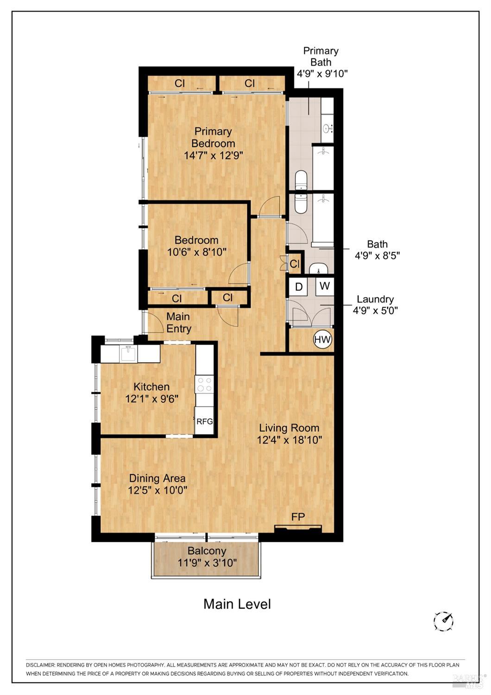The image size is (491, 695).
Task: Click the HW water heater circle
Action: (x=322, y=340)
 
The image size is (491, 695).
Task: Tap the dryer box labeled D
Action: (x=299, y=287)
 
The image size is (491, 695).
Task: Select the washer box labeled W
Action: (x=325, y=286)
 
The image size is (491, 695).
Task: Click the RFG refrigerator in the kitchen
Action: (x=204, y=421)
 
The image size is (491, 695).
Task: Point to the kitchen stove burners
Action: (x=204, y=384)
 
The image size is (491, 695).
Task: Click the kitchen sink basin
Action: (x=128, y=354)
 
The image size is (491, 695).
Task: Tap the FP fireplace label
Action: (x=298, y=516)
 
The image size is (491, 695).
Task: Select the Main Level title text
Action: (x=237, y=604)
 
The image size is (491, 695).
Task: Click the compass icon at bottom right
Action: (x=443, y=621)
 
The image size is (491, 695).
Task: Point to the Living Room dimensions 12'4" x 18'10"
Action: (x=290, y=440)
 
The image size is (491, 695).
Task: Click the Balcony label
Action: (x=207, y=551)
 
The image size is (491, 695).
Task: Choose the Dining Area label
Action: (x=157, y=478)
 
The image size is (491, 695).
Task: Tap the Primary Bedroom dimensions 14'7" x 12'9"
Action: (x=214, y=155)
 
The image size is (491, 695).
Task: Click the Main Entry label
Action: (x=178, y=322)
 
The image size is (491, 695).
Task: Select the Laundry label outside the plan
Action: (x=375, y=299)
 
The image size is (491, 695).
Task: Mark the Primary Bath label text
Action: (x=321, y=56)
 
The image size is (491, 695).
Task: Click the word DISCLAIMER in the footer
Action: (x=40, y=665)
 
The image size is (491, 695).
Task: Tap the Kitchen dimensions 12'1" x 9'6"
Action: (x=152, y=399)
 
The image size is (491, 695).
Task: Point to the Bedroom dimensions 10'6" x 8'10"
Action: (x=196, y=252)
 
